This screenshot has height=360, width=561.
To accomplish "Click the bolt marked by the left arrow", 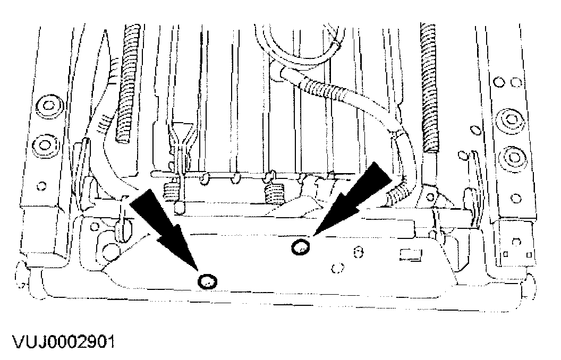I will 206,281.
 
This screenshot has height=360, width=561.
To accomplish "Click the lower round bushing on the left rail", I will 47,143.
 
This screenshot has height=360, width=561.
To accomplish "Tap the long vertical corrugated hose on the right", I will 430,85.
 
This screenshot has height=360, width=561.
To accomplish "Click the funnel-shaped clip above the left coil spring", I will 180,132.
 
